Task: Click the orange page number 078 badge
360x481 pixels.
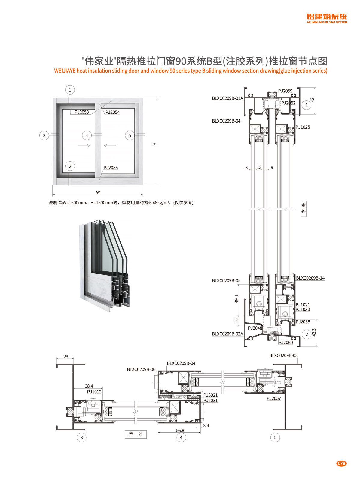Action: click(341, 463)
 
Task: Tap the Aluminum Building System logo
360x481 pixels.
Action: click(327, 18)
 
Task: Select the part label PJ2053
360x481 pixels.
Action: click(82, 112)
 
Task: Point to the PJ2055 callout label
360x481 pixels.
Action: click(111, 168)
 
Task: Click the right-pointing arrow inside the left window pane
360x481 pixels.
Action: click(84, 146)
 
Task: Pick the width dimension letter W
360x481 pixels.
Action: click(98, 192)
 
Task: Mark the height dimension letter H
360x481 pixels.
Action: click(155, 144)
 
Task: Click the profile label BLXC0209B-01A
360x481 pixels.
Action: click(227, 98)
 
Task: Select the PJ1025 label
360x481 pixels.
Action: click(303, 127)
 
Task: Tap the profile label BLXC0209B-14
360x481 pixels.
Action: click(310, 278)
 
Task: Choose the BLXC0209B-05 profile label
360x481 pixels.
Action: click(226, 280)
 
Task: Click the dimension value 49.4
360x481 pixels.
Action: click(236, 299)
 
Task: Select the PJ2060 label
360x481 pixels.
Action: click(285, 343)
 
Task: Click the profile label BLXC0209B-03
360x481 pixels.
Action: click(283, 355)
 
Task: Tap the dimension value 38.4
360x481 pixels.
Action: click(89, 386)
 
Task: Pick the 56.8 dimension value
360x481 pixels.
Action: click(180, 431)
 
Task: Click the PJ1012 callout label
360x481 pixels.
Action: click(94, 392)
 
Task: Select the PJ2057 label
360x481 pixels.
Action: click(274, 398)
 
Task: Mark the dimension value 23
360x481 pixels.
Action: click(66, 357)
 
